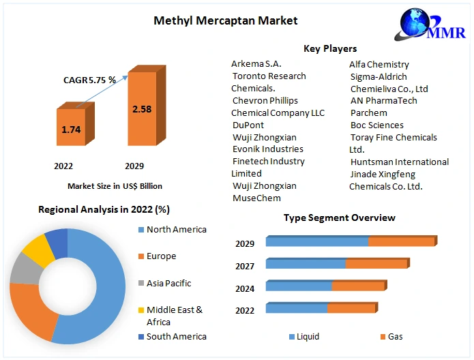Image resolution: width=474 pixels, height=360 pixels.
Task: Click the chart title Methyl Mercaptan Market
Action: pyautogui.click(x=226, y=20)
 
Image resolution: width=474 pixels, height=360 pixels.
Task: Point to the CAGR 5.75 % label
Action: pyautogui.click(x=90, y=80)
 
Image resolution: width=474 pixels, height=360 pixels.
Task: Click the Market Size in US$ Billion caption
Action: pyautogui.click(x=115, y=185)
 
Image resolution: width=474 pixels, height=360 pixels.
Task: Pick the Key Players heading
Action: pyautogui.click(x=330, y=48)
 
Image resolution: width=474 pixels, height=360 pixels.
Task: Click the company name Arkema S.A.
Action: pyautogui.click(x=256, y=64)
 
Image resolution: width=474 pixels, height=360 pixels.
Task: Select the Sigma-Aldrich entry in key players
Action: pyautogui.click(x=379, y=76)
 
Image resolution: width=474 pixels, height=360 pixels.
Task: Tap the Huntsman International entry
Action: pyautogui.click(x=400, y=162)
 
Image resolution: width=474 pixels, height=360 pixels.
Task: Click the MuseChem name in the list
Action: pyautogui.click(x=256, y=198)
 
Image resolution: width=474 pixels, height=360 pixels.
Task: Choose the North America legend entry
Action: pyautogui.click(x=176, y=230)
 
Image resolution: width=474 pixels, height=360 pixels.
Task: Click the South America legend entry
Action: pyautogui.click(x=176, y=336)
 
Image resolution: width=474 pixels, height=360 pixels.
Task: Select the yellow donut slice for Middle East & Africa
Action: pyautogui.click(x=40, y=251)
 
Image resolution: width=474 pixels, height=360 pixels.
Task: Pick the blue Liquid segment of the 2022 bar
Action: pyautogui.click(x=296, y=309)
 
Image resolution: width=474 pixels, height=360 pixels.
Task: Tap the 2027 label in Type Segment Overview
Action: pyautogui.click(x=245, y=266)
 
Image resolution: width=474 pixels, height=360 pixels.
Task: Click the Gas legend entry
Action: pyautogui.click(x=395, y=336)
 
